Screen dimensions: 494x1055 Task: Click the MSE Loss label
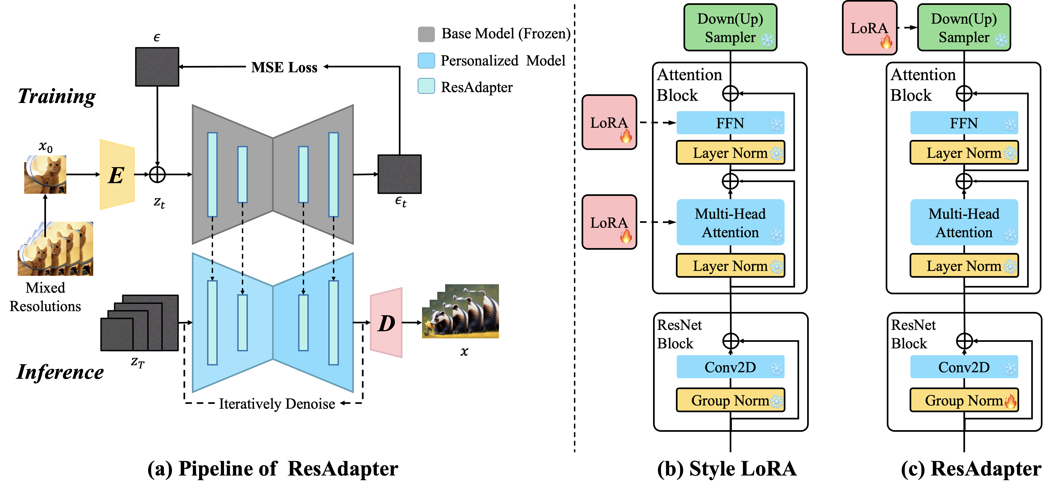pyautogui.click(x=284, y=67)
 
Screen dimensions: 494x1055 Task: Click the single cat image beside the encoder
pyautogui.click(x=45, y=174)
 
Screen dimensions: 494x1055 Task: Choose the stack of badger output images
pyautogui.click(x=461, y=312)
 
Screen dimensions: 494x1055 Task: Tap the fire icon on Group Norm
pyautogui.click(x=1010, y=401)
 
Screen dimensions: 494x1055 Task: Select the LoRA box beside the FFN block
pyautogui.click(x=609, y=122)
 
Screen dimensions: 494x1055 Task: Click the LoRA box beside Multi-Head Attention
pyautogui.click(x=609, y=222)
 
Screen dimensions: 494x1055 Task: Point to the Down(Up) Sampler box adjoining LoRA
pyautogui.click(x=964, y=27)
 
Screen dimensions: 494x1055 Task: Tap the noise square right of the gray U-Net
pyautogui.click(x=399, y=174)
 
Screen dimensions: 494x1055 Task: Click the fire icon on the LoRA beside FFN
pyautogui.click(x=626, y=136)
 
